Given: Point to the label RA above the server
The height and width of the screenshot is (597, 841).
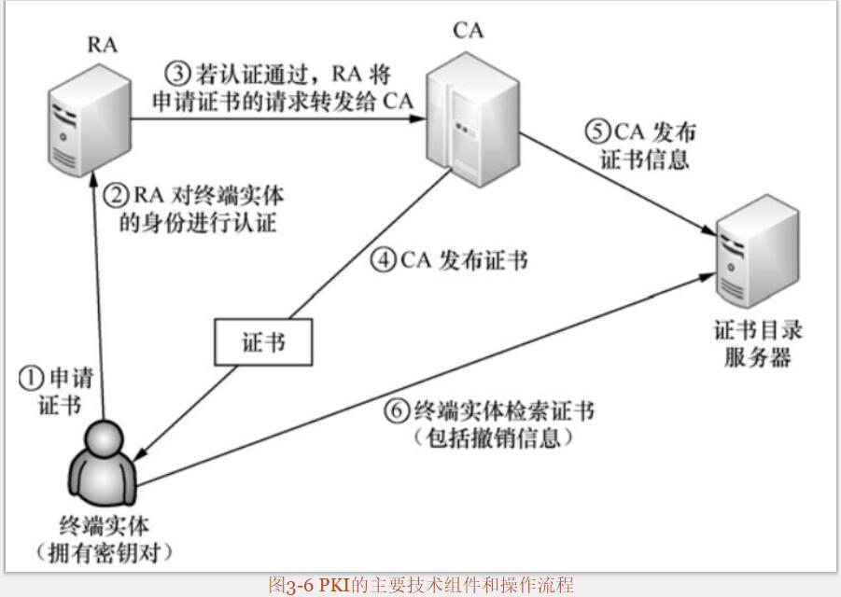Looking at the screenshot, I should click(x=102, y=44).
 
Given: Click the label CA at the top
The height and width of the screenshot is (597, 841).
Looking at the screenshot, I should click(x=469, y=30).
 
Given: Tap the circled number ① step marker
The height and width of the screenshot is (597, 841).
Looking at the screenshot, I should click(x=32, y=378).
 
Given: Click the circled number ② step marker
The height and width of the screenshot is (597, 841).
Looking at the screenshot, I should click(x=114, y=195).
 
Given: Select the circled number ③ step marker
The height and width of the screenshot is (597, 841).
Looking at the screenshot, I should click(x=177, y=73).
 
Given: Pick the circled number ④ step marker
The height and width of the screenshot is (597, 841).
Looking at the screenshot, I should click(x=384, y=259).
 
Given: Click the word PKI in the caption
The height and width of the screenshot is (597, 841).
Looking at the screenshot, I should click(x=332, y=585).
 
